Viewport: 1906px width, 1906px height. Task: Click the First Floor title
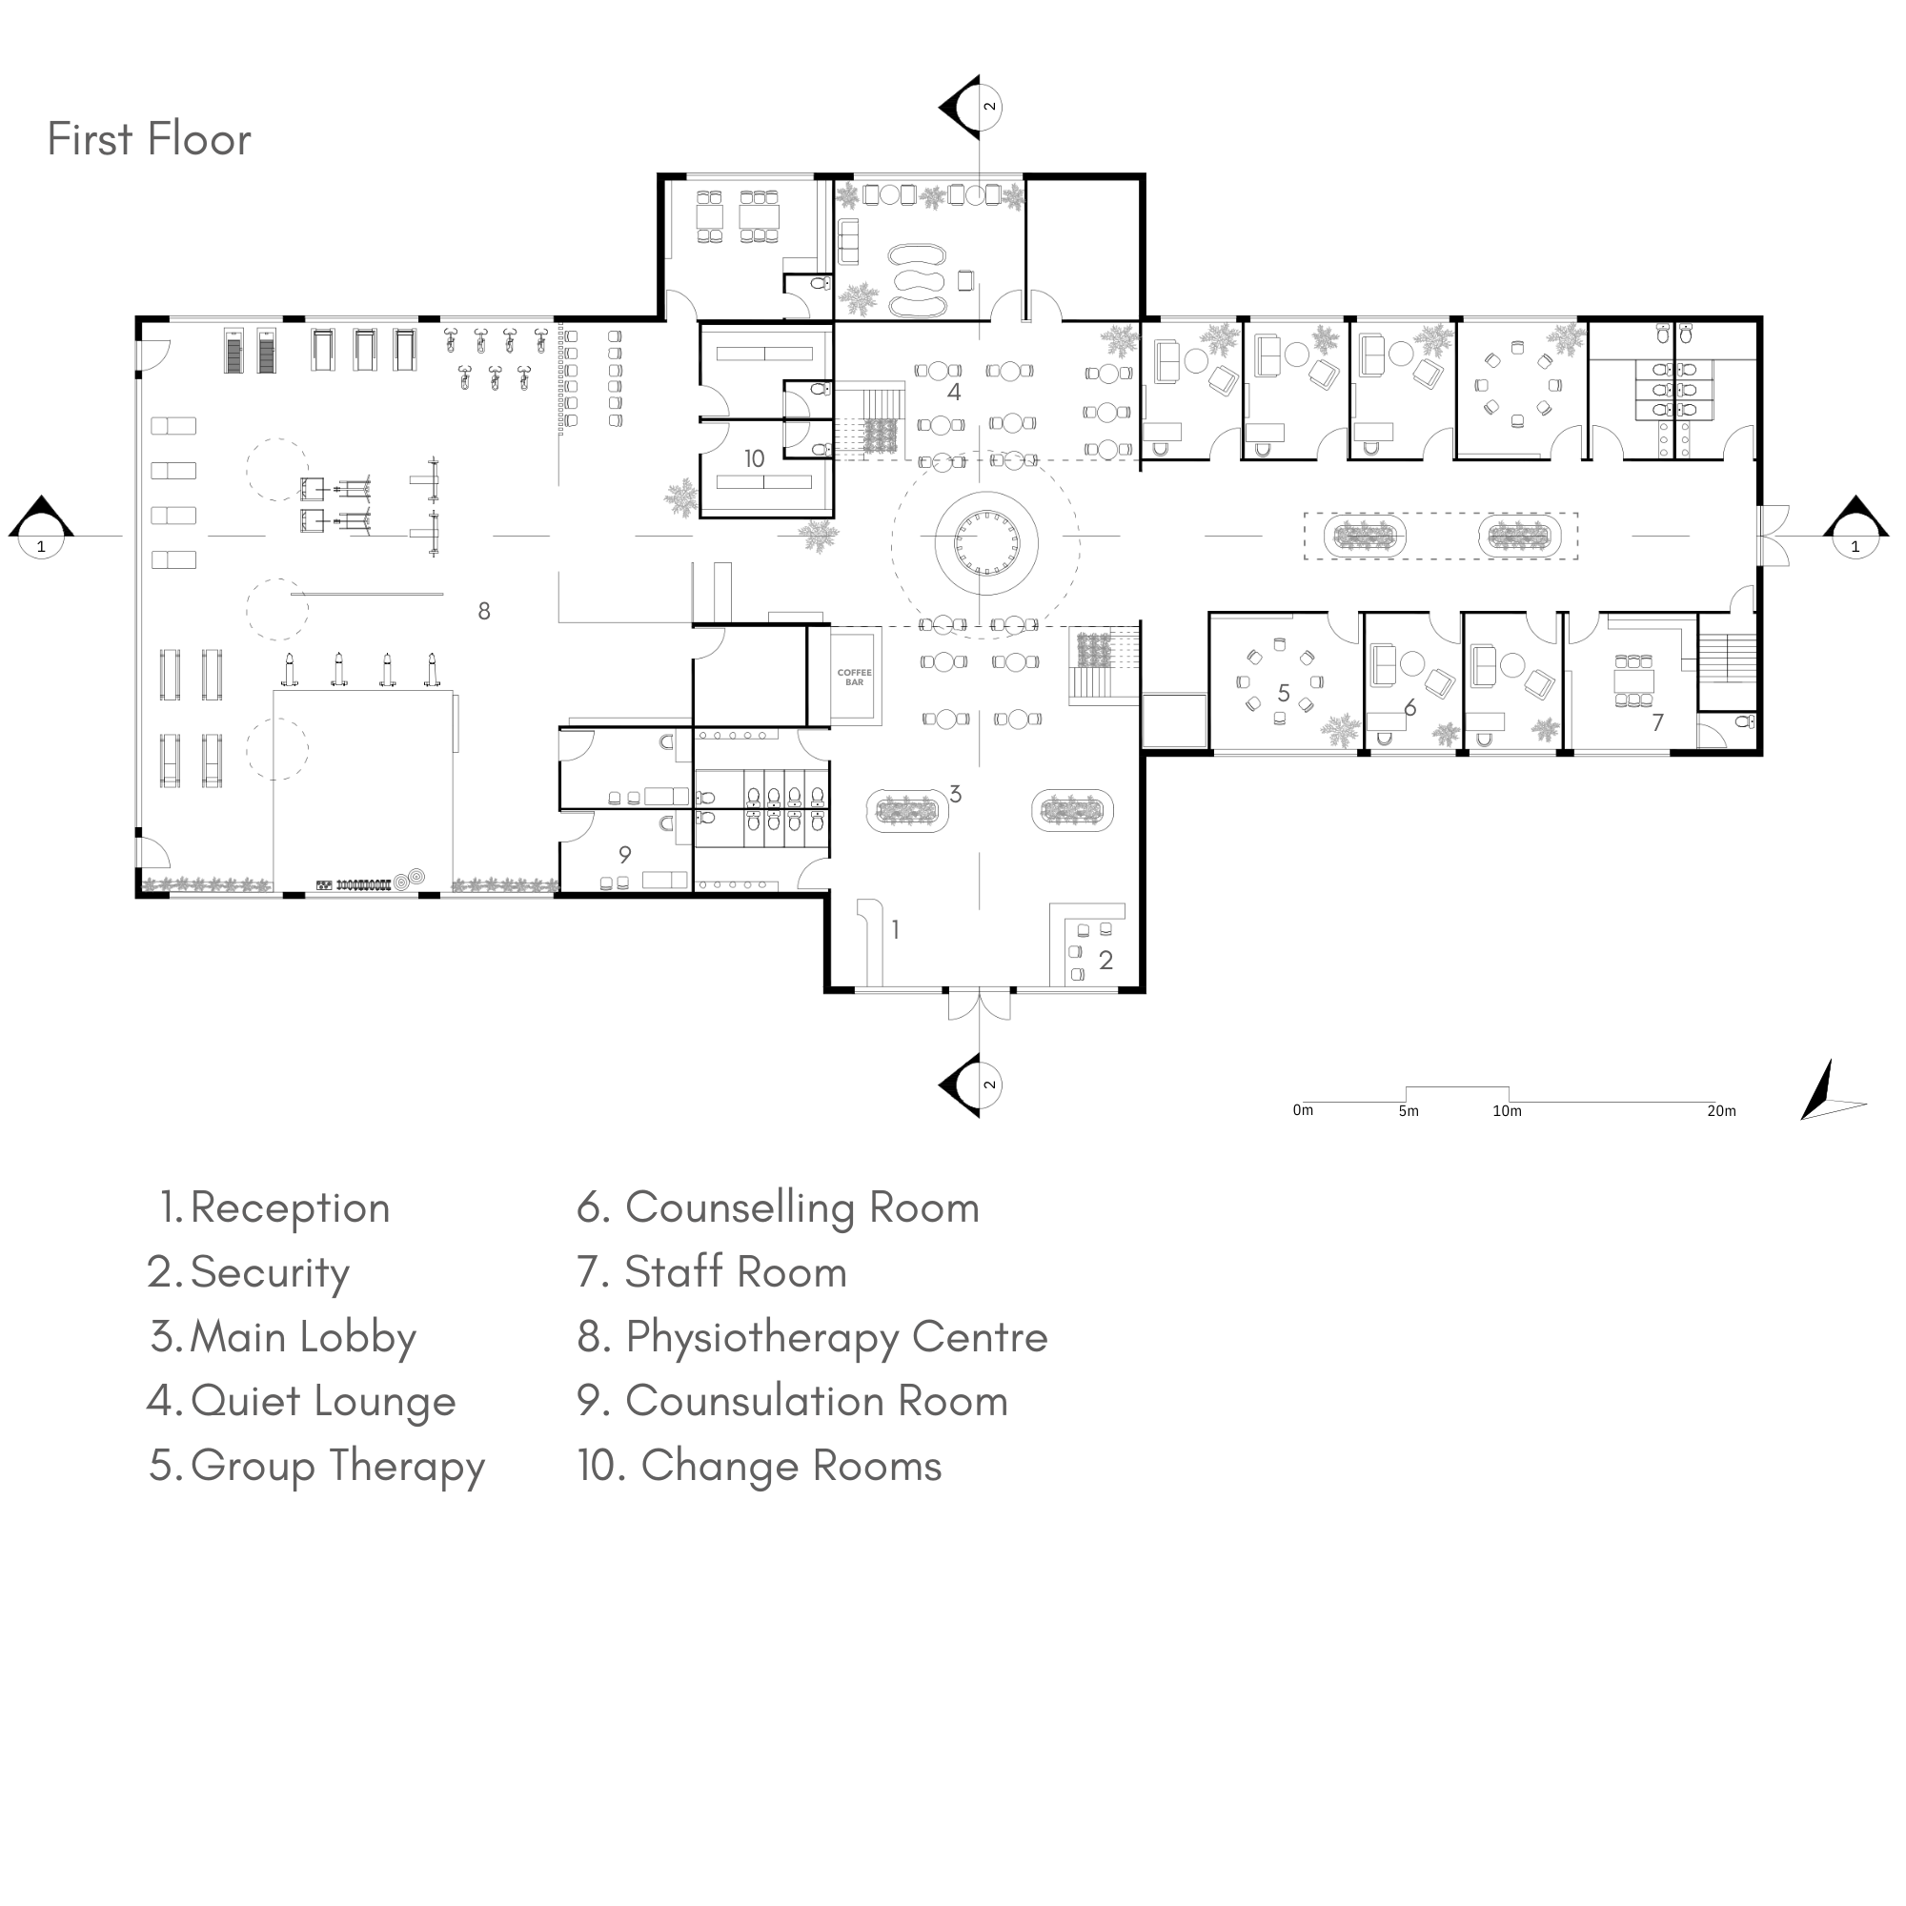click(149, 139)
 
